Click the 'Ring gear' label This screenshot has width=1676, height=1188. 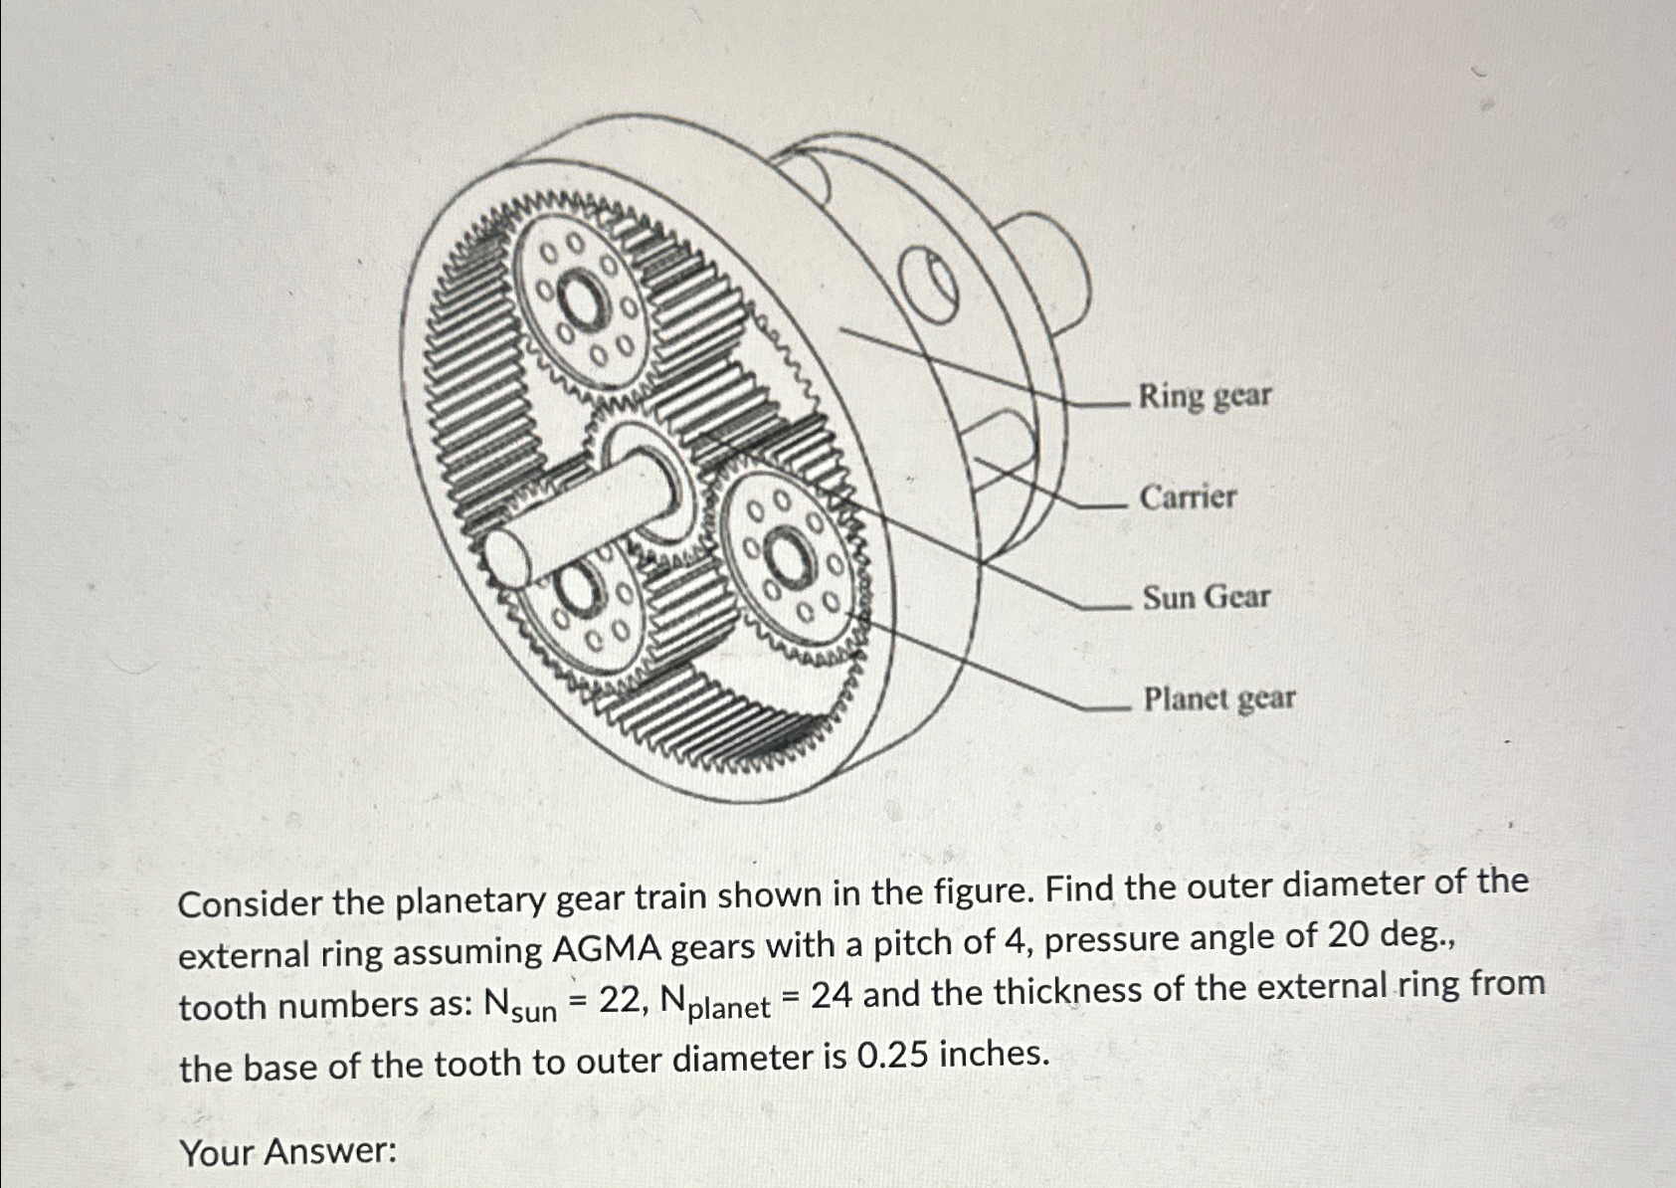[1205, 396]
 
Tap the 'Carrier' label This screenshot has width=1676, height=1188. [1188, 496]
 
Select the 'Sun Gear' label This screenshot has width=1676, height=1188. [1206, 597]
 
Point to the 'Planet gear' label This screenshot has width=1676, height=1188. [1219, 698]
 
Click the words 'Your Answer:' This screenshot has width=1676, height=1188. [288, 1152]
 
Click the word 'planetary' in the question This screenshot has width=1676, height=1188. [470, 901]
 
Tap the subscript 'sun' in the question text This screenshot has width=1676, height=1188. [536, 1014]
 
